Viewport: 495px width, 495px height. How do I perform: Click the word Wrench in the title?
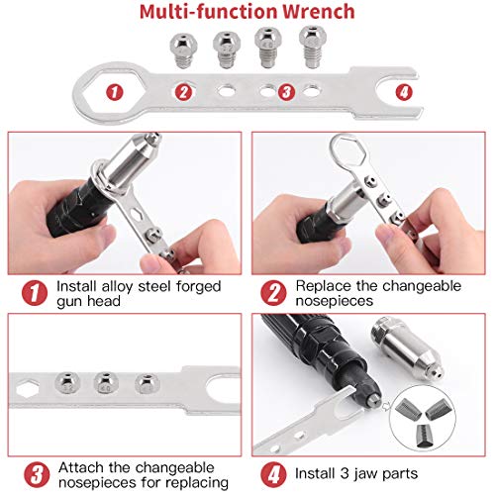point(319,12)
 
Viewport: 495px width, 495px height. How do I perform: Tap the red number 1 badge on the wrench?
point(115,92)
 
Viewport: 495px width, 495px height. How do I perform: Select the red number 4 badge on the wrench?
point(404,92)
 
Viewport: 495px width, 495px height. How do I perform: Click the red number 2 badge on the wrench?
point(183,92)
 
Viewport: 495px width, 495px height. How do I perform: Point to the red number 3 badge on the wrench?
point(286,92)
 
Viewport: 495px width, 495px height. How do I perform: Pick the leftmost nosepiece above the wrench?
point(183,50)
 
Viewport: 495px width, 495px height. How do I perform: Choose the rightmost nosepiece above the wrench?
point(313,47)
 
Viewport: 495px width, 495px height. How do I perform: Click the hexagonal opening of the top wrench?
point(114,92)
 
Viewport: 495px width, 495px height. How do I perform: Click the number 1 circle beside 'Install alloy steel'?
point(35,293)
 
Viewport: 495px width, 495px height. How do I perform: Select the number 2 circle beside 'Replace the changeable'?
point(273,293)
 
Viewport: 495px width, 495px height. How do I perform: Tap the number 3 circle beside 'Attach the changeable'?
point(37,474)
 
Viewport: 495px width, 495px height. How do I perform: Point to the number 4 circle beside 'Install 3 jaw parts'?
point(273,474)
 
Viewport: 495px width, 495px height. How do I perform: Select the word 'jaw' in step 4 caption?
point(365,474)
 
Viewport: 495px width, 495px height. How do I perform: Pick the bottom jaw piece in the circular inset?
point(424,436)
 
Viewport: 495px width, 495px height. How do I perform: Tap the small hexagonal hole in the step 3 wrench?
point(27,388)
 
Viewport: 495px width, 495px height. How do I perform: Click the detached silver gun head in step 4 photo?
point(408,347)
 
